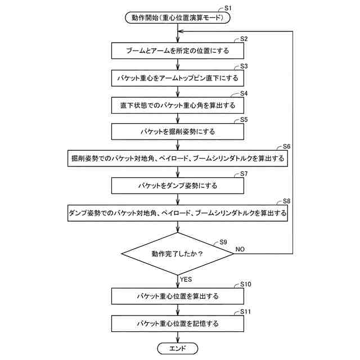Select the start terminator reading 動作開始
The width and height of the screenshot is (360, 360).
click(178, 18)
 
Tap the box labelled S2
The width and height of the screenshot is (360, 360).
click(178, 50)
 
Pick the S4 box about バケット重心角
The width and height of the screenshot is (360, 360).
click(178, 105)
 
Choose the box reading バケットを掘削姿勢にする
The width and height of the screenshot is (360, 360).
click(178, 132)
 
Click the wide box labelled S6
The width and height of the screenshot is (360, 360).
click(178, 159)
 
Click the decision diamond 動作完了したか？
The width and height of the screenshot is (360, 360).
click(178, 254)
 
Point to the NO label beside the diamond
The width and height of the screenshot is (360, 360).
click(240, 248)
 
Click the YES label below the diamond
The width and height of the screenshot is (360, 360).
click(186, 278)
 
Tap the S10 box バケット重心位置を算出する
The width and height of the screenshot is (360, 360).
click(178, 296)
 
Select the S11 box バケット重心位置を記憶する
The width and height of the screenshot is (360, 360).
click(178, 323)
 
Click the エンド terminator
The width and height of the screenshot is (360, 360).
click(178, 349)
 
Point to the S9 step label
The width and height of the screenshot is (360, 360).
click(223, 242)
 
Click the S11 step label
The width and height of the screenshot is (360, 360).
click(246, 311)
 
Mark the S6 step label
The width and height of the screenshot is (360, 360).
click(286, 146)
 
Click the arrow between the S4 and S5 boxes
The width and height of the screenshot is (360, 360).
click(178, 118)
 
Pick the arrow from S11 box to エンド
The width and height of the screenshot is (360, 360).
click(178, 336)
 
